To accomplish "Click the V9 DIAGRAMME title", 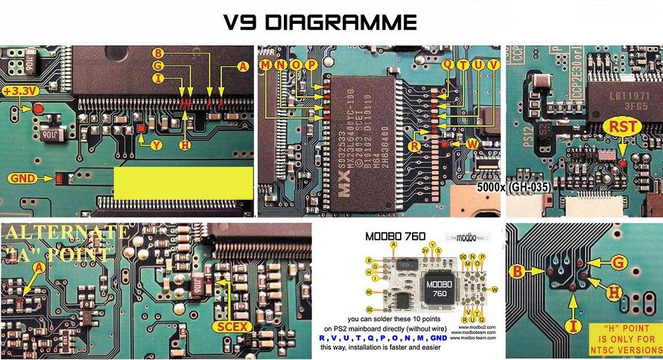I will [320, 22].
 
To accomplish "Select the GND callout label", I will [22, 178].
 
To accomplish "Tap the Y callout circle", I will [156, 146].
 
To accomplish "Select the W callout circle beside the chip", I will [471, 142].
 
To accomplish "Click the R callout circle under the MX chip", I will [414, 147].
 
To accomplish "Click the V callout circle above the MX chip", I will [492, 66].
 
